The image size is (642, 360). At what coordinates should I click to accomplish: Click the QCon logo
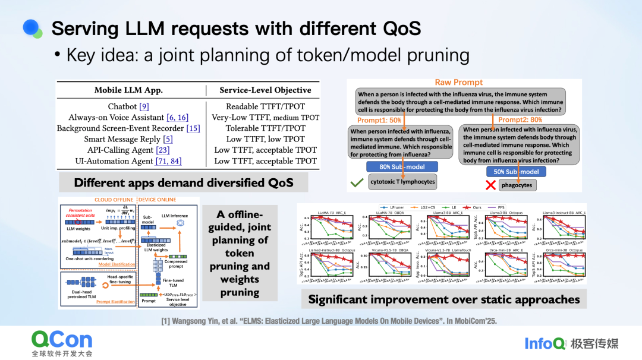[62, 340]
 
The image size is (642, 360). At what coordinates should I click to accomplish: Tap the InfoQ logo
[543, 343]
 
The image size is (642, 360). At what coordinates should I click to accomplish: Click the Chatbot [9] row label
[128, 107]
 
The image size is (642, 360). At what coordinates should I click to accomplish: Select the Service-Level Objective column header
[265, 90]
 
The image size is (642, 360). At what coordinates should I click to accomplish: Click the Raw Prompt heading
[459, 83]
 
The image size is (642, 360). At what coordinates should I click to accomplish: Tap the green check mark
[357, 184]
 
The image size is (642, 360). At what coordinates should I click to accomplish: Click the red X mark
[490, 184]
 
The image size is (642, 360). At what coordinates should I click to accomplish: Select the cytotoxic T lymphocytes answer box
[402, 182]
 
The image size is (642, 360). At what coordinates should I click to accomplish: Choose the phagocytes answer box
[517, 185]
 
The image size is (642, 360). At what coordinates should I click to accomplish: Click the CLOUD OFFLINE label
[115, 200]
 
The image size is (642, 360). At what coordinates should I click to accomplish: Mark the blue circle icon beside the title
[31, 27]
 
